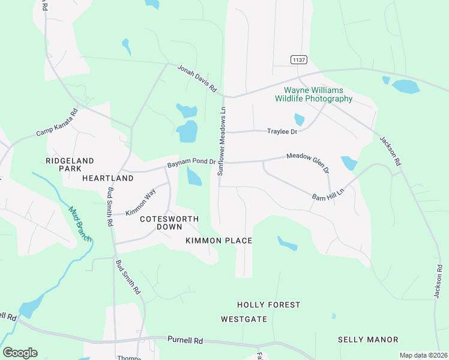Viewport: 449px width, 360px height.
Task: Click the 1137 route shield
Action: point(298,59)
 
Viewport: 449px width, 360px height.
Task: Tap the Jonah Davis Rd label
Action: point(197,79)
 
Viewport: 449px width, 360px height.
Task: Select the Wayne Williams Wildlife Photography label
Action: point(314,94)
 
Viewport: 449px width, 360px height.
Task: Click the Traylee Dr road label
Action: point(283,131)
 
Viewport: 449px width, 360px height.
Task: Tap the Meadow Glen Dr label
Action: point(308,163)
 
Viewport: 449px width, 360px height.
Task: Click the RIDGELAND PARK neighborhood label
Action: point(70,165)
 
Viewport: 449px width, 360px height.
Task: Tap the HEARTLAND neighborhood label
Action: point(108,179)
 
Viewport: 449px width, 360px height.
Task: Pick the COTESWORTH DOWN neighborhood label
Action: point(165,223)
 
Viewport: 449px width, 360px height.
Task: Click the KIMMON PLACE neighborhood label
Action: point(218,241)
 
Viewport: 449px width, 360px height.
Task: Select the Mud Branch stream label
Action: point(80,224)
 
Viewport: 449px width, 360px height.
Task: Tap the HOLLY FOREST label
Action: point(268,305)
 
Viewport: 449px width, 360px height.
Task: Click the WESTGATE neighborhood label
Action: point(244,319)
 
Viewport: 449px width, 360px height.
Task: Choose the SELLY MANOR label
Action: point(368,340)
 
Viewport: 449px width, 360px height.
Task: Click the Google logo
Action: point(20,353)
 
